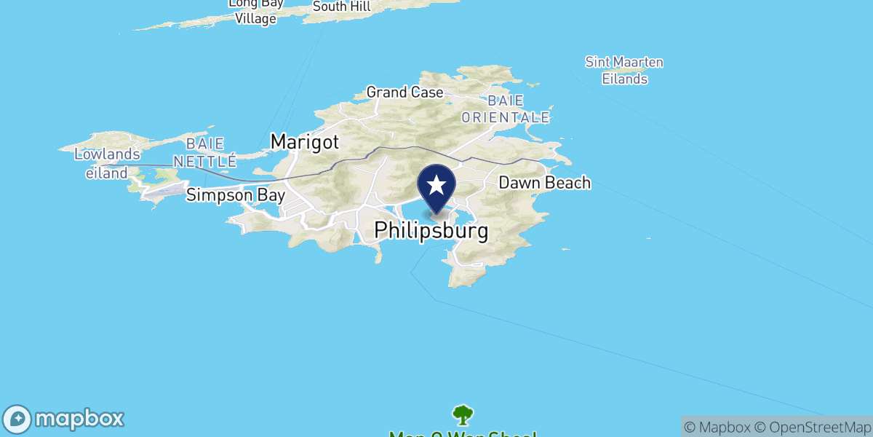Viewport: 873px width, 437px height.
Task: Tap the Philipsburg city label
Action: (x=431, y=231)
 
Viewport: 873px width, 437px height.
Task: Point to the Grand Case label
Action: (x=404, y=92)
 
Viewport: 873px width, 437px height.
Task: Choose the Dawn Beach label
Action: (x=544, y=183)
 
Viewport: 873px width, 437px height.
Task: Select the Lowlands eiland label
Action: (x=106, y=163)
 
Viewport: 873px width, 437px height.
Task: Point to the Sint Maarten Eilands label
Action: (x=624, y=71)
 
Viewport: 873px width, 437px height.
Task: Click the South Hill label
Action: (x=341, y=7)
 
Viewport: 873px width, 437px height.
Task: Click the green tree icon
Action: (x=462, y=415)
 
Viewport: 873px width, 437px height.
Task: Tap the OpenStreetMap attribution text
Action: (x=812, y=427)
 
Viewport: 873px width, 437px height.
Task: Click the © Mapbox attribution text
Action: (x=717, y=427)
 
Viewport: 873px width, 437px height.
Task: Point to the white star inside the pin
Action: (x=436, y=184)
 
